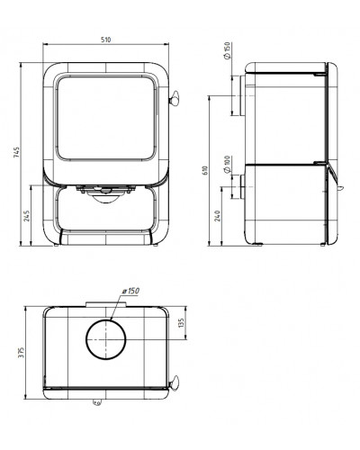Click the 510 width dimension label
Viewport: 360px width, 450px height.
coord(105,40)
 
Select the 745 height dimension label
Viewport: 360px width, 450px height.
coord(17,152)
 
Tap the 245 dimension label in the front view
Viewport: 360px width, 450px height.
coord(27,216)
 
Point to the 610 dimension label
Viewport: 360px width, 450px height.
coord(205,170)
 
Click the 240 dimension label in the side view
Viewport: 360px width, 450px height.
coord(218,216)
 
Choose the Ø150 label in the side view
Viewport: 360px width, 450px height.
coord(227,50)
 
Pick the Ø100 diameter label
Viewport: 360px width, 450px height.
coord(227,165)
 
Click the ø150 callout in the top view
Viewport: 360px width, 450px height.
coord(130,291)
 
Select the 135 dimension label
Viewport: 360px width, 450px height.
coord(181,323)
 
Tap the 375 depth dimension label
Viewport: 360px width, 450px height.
coord(22,353)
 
